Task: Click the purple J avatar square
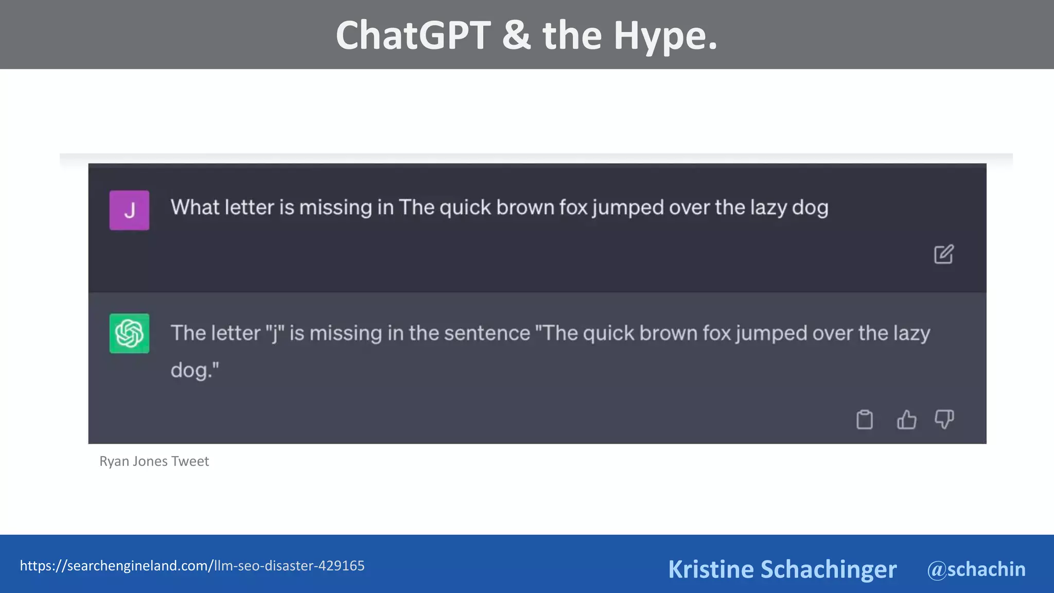[129, 210]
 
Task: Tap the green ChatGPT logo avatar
[129, 333]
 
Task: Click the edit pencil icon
[943, 254]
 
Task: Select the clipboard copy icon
[864, 419]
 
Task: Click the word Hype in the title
[664, 36]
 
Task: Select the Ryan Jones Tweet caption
[154, 461]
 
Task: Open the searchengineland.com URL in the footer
[192, 566]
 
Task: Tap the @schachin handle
[976, 569]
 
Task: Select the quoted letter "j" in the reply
[275, 333]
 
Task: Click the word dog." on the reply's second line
[195, 370]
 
